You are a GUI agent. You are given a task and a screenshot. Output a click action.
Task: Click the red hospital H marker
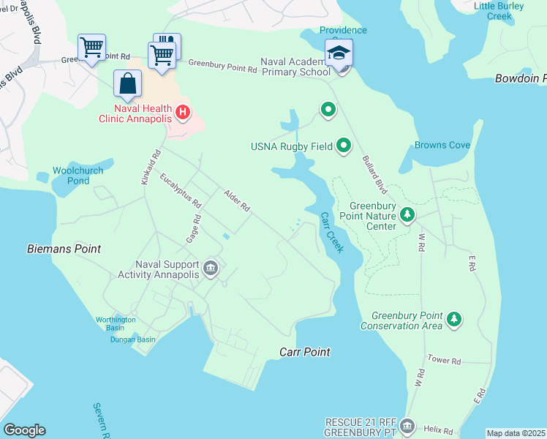coord(183,113)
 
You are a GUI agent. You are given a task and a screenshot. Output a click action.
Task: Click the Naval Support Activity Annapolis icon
coord(211,269)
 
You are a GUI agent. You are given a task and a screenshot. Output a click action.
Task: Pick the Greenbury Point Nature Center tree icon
coord(408,215)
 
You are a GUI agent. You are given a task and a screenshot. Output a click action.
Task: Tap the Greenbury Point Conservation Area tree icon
coord(455,319)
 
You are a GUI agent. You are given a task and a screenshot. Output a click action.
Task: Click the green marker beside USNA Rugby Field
coord(344,146)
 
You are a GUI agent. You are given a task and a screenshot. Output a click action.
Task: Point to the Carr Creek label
coord(332,233)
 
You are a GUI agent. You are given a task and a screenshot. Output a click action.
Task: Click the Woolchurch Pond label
coord(78,176)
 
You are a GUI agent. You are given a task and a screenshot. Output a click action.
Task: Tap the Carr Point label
coord(305,352)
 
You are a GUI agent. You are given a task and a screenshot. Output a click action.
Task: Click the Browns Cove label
coord(442,145)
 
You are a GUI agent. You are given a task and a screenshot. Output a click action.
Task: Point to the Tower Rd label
coord(444,361)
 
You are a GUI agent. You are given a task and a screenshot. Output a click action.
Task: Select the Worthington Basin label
coord(116,323)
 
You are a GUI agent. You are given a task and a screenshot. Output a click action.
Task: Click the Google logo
coord(24,430)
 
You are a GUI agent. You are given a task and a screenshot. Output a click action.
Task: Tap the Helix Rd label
coord(437,431)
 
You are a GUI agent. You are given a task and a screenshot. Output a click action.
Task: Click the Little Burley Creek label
coord(503,10)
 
